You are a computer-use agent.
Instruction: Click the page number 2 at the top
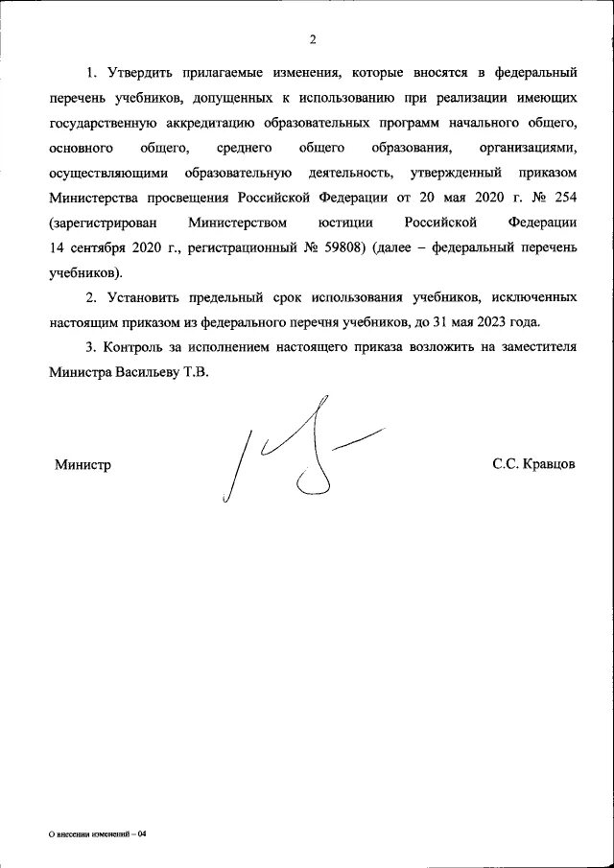tap(312, 39)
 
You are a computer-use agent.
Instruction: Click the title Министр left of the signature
tap(83, 464)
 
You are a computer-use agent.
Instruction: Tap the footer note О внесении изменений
tap(97, 834)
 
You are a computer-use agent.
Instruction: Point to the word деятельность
tap(349, 173)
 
